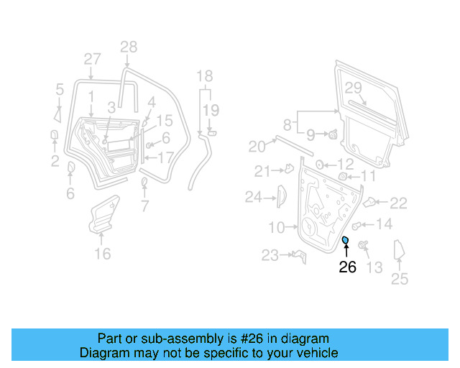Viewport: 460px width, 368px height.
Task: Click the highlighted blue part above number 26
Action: click(345, 240)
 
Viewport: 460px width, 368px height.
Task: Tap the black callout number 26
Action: click(347, 267)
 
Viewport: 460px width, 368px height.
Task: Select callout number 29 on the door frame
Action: click(352, 88)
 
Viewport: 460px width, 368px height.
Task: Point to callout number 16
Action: click(103, 254)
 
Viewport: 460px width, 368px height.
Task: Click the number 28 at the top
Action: click(128, 47)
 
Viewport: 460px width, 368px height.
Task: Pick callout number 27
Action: click(92, 59)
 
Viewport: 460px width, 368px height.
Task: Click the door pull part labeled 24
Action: click(282, 195)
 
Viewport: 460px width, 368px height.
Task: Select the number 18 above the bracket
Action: click(205, 76)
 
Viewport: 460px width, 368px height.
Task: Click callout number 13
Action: click(374, 267)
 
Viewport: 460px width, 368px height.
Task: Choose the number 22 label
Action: click(398, 203)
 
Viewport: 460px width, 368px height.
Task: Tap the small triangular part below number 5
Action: click(57, 113)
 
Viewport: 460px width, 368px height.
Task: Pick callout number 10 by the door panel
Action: click(277, 228)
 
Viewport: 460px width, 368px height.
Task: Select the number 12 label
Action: click(345, 164)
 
